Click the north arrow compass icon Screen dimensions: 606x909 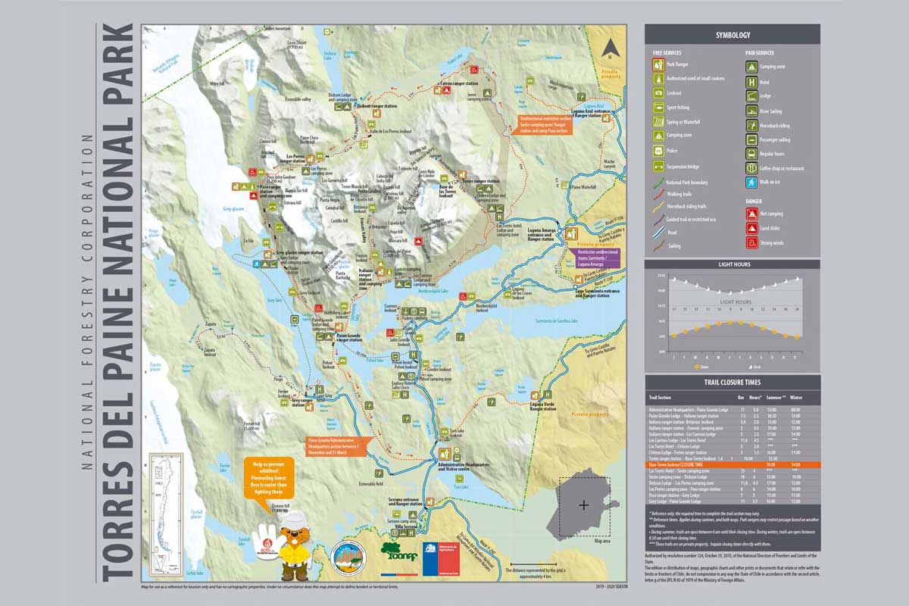click(x=608, y=50)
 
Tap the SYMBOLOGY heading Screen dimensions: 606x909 click(x=732, y=35)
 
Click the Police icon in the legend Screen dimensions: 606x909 click(x=660, y=151)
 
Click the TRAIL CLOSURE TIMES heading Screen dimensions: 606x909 click(x=732, y=383)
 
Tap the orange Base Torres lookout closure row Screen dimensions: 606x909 click(x=732, y=464)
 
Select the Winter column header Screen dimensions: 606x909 click(x=796, y=397)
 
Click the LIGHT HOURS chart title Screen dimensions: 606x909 click(x=732, y=264)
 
